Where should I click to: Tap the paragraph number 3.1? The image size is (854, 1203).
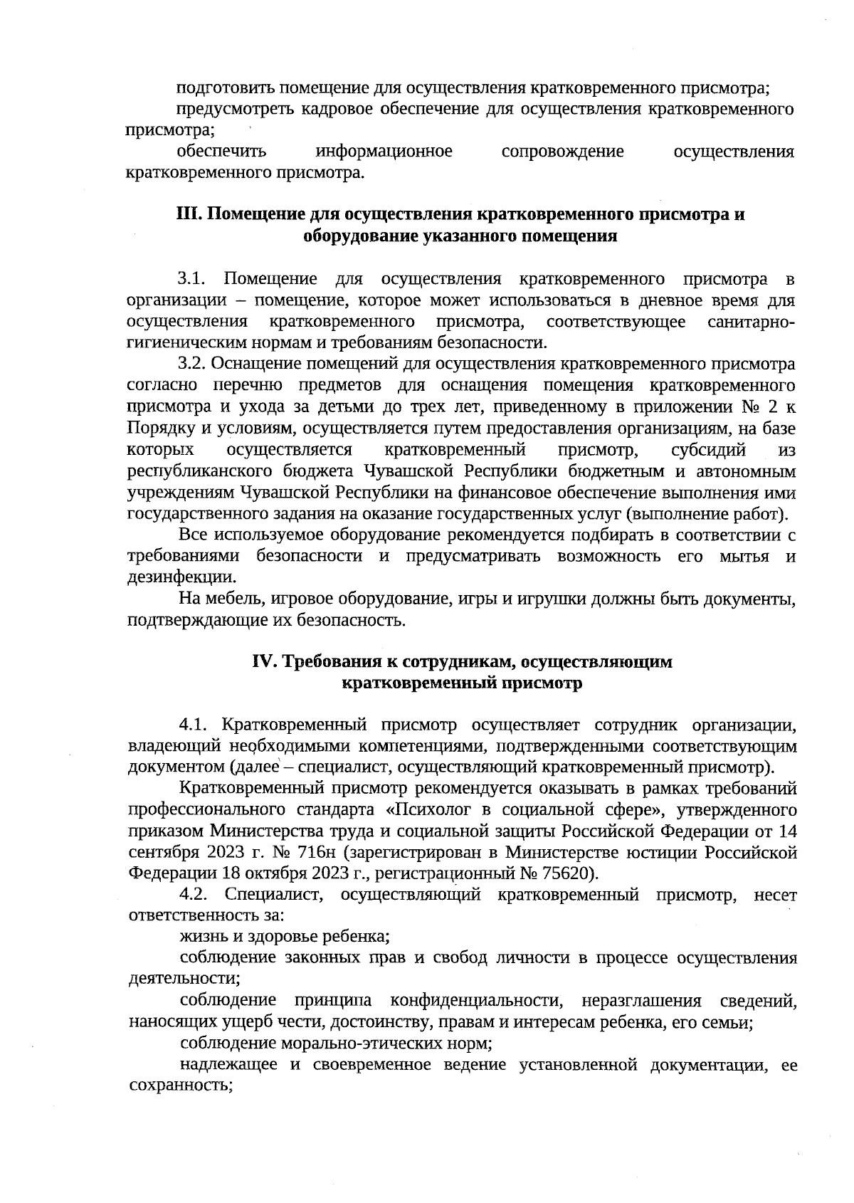[x=191, y=279]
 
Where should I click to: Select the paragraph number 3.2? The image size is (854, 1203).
[x=192, y=364]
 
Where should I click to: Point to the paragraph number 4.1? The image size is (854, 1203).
[x=193, y=725]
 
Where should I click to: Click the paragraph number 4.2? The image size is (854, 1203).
[x=193, y=894]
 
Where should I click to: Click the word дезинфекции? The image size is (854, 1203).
[x=181, y=577]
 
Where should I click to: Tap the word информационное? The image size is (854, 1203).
[x=384, y=152]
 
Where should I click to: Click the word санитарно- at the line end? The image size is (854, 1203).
[x=752, y=322]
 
